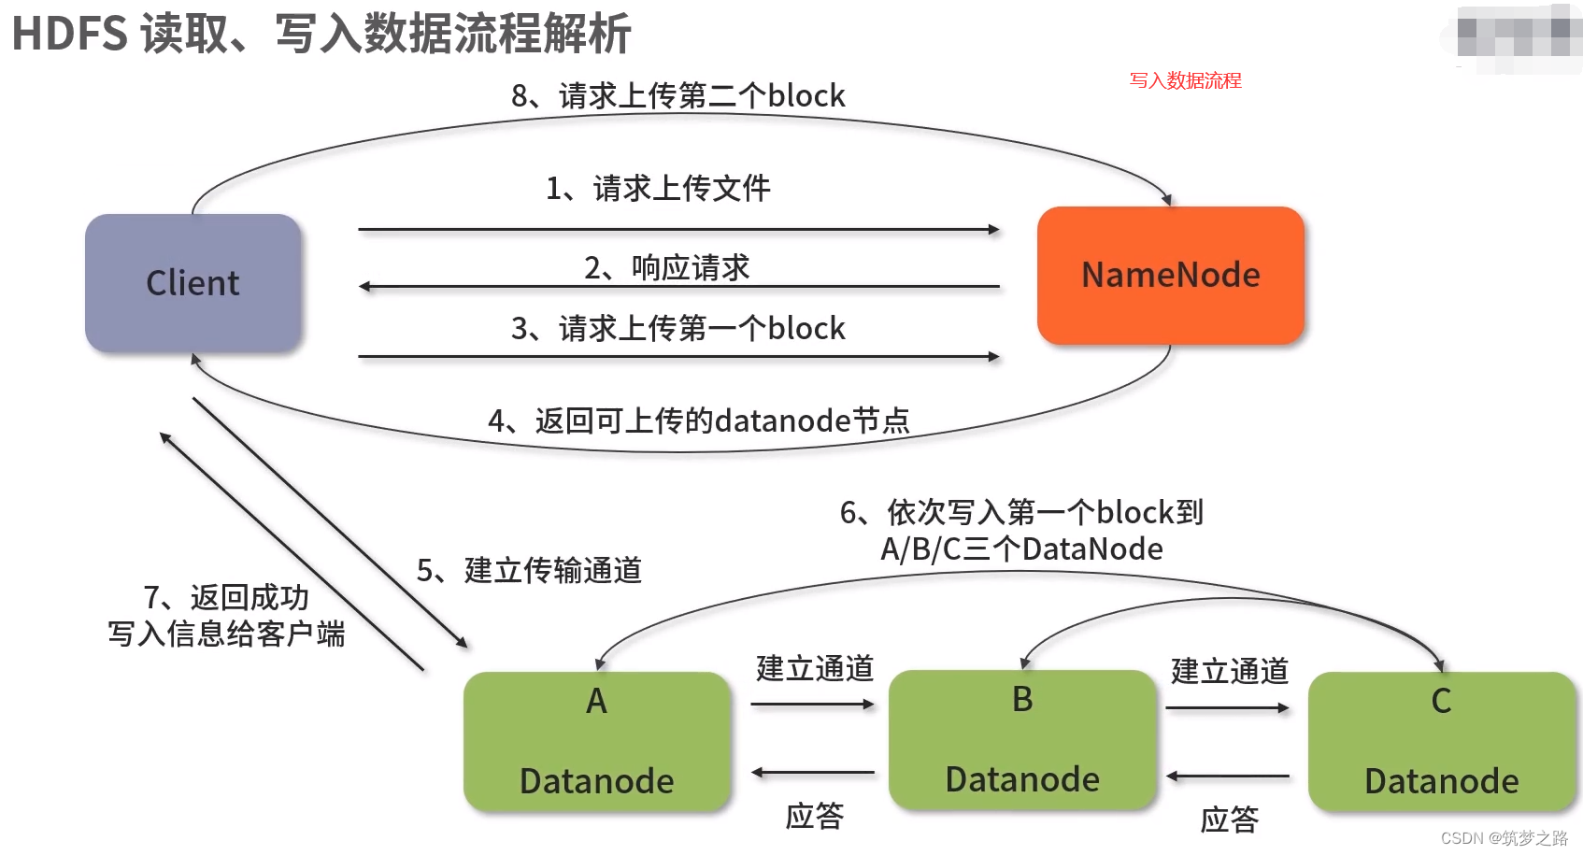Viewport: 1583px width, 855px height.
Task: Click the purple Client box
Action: point(193,283)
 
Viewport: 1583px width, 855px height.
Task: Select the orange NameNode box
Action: point(1170,276)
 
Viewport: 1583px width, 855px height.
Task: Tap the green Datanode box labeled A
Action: point(596,741)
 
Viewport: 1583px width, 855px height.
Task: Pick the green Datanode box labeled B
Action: point(1022,739)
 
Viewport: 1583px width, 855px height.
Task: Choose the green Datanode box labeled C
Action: point(1441,741)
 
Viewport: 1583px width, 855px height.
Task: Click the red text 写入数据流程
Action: point(1185,80)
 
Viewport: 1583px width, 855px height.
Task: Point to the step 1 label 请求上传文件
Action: point(659,189)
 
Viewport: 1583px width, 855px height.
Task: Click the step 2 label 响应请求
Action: point(667,268)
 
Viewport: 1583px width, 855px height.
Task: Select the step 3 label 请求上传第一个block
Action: point(677,329)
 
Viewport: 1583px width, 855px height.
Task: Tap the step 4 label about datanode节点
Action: point(699,421)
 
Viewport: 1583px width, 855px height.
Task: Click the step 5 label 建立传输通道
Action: point(529,570)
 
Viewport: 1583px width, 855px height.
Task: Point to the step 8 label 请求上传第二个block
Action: point(677,96)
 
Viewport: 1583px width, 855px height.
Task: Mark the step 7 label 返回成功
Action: point(226,598)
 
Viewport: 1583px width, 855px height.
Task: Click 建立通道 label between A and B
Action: point(814,669)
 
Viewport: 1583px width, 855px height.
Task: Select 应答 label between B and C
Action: point(1229,820)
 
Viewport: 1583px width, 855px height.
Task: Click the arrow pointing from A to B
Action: point(812,705)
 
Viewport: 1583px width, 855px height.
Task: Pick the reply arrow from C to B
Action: point(1228,777)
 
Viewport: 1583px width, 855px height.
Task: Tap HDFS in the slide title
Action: point(70,34)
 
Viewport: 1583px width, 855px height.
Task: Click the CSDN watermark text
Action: point(1504,838)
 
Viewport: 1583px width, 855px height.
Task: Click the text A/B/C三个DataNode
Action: point(1021,549)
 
